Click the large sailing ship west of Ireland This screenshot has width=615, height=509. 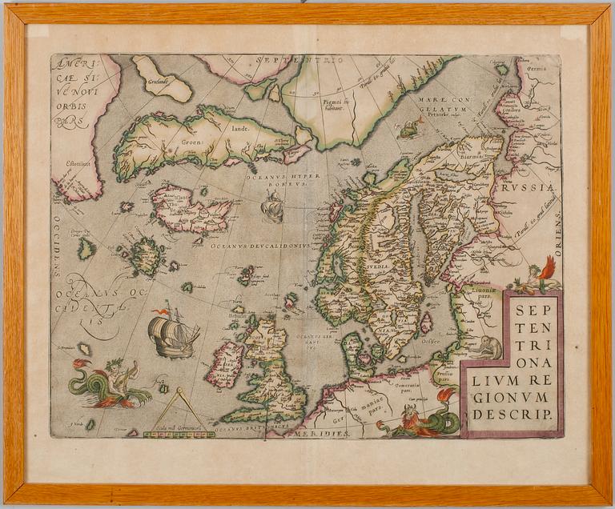[172, 334]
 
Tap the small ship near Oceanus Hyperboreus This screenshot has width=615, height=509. [271, 209]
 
